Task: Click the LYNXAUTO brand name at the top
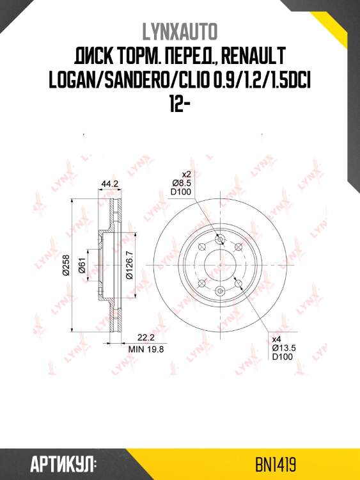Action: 180,31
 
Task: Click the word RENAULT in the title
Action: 253,57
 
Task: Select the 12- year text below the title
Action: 180,106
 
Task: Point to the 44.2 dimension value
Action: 109,184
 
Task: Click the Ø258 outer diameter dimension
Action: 67,265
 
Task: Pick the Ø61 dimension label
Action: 82,265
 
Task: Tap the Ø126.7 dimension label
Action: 129,265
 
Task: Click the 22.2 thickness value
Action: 146,338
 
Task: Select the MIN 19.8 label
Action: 146,349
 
